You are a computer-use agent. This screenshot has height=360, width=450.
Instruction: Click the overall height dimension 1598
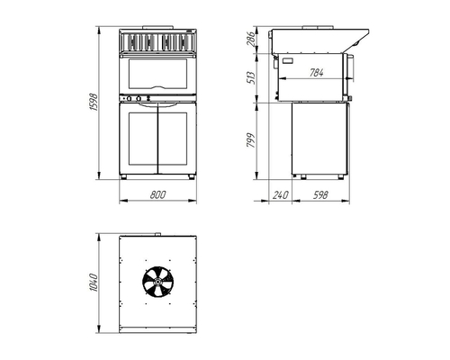[x=94, y=103]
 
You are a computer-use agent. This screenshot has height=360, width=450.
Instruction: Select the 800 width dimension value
[x=157, y=194]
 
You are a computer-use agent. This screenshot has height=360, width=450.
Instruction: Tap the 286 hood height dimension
[x=250, y=38]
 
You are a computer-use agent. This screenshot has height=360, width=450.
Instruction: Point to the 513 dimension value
[x=250, y=77]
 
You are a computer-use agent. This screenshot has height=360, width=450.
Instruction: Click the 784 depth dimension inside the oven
[x=317, y=73]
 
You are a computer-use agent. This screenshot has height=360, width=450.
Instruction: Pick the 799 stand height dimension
[x=250, y=140]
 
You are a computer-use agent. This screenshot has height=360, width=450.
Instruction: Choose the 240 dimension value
[x=281, y=194]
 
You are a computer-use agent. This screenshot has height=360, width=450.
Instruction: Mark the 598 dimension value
[x=320, y=194]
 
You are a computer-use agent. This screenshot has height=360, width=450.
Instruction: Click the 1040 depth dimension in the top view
[x=94, y=283]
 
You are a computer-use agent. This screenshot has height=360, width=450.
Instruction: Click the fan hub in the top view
[x=157, y=282]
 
